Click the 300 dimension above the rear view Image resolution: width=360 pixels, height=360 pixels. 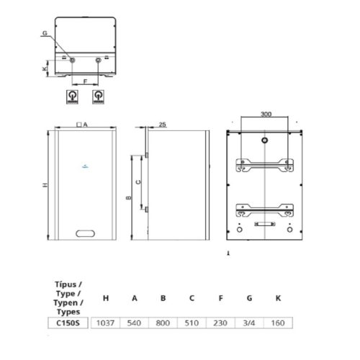(266, 114)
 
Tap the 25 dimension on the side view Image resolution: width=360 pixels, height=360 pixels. (162, 125)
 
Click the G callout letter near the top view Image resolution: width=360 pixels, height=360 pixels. (45, 34)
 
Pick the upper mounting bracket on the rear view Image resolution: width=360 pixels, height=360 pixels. (266, 162)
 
